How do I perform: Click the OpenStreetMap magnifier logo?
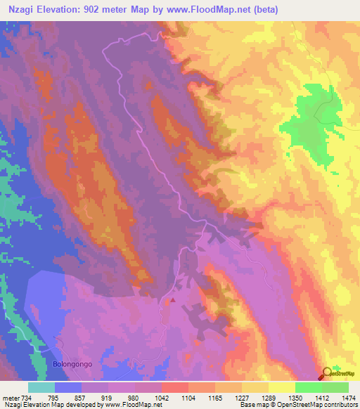click(x=327, y=374)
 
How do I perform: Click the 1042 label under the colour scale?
click(x=161, y=398)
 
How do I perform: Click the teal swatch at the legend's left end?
click(x=41, y=387)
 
